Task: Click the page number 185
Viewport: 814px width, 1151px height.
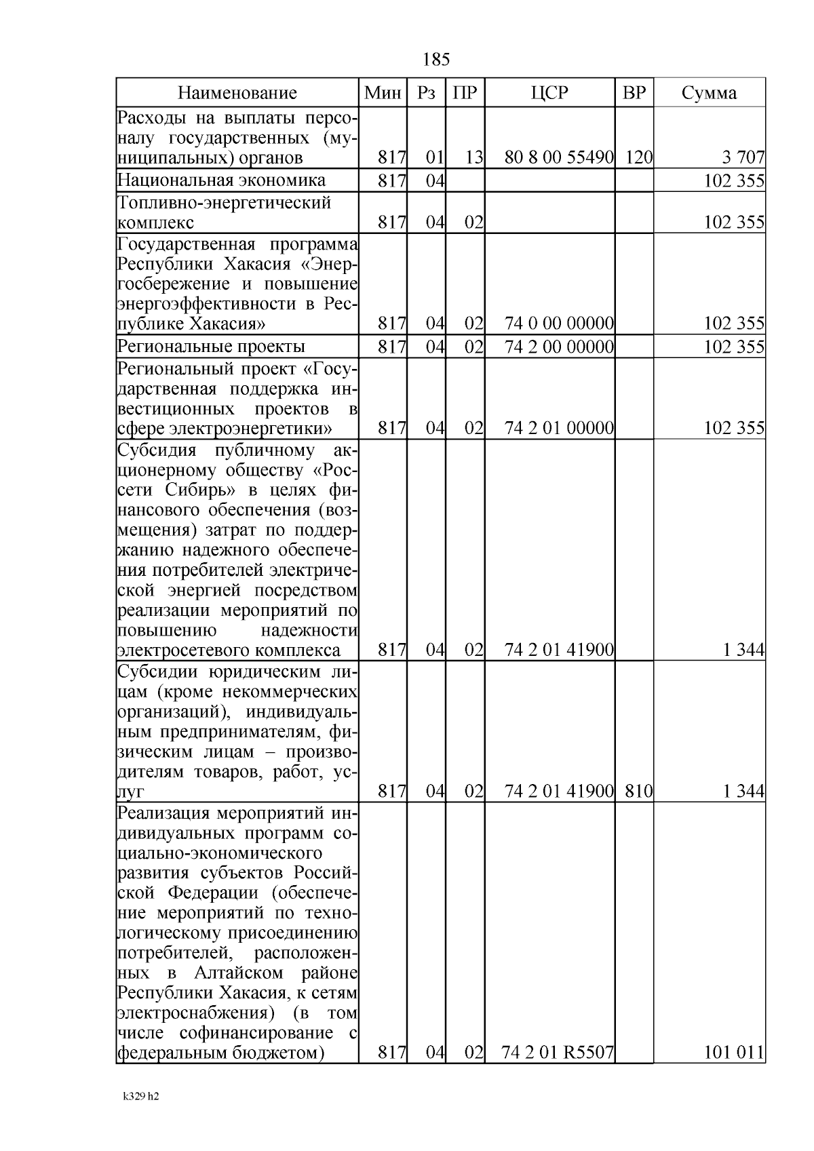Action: point(435,60)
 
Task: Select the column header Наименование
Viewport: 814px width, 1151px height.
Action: point(237,93)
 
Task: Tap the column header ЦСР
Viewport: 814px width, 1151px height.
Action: point(549,93)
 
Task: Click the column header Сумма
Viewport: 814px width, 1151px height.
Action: point(709,93)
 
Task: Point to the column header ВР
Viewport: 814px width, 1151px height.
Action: point(634,93)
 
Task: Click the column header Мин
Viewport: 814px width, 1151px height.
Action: point(383,93)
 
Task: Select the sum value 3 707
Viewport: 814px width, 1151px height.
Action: point(743,158)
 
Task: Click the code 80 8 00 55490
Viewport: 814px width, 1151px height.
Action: point(559,158)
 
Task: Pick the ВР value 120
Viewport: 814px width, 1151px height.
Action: point(638,158)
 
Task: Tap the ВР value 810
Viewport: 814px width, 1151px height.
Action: point(638,791)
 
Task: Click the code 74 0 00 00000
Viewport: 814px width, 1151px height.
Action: point(559,323)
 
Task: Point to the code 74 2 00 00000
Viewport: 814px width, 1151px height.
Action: point(559,347)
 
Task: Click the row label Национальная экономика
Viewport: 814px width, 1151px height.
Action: point(221,180)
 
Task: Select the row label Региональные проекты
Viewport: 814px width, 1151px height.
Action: point(211,347)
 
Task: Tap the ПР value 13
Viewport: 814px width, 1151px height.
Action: point(473,158)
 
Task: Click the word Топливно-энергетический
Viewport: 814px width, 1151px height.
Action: point(224,203)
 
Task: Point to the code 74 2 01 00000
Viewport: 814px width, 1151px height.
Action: point(559,428)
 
